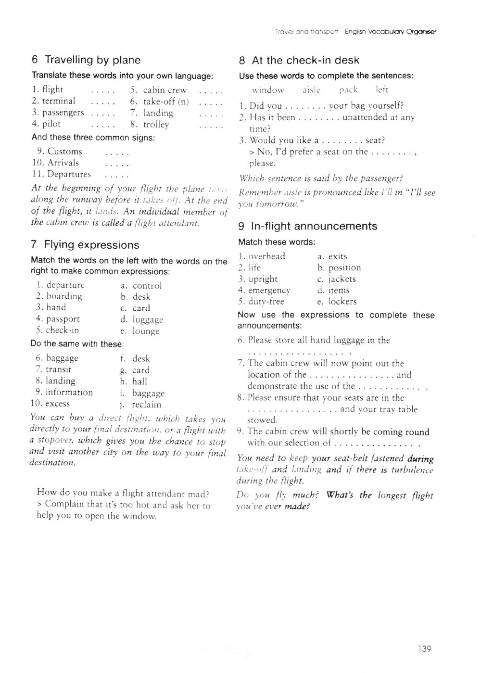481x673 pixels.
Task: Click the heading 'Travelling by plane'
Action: (92, 60)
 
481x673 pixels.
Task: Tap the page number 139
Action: (424, 649)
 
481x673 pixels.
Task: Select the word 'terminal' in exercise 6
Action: (59, 101)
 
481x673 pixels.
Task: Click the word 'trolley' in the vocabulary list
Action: (156, 125)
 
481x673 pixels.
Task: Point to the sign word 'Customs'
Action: (65, 152)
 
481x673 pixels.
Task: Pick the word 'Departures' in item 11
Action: (69, 174)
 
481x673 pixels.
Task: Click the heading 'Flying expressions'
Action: (91, 245)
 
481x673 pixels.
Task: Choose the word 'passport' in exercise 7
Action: (63, 319)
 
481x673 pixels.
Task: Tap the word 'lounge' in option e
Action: (146, 331)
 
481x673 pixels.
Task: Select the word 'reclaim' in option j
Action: (147, 405)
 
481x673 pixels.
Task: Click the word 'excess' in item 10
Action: (58, 404)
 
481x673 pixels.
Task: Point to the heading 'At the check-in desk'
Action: (305, 60)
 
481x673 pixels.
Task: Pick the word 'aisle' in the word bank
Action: (312, 90)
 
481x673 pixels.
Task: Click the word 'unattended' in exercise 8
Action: (366, 117)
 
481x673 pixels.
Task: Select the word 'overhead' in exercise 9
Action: (266, 256)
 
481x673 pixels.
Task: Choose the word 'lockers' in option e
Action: (342, 302)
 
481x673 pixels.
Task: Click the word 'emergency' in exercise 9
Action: (269, 291)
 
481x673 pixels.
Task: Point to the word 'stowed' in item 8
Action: (262, 420)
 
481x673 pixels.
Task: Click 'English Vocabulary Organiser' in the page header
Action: (391, 32)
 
